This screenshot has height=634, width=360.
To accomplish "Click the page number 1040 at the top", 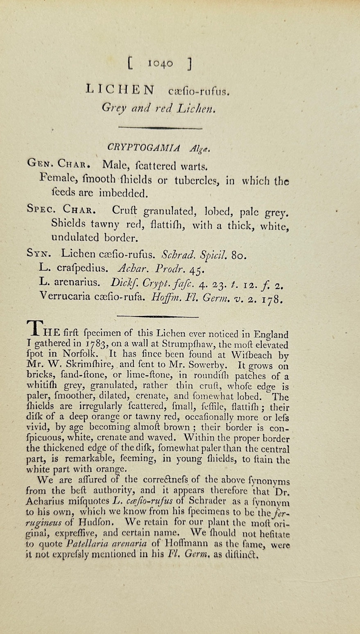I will tap(160, 63).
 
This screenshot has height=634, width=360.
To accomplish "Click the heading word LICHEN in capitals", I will tap(121, 90).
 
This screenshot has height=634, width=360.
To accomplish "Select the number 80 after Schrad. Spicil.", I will tap(239, 256).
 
